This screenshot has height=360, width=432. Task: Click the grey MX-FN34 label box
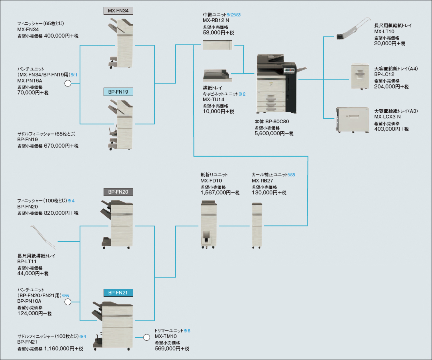tap(118, 10)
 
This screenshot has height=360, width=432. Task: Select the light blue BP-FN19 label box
tap(118, 92)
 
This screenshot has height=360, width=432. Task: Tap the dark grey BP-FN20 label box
tap(118, 192)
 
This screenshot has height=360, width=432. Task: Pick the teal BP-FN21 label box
tap(118, 293)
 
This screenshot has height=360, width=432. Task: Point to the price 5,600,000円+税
tap(274, 134)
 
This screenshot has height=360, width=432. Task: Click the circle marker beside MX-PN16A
tap(68, 83)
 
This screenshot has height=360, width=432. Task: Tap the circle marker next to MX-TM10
tap(146, 337)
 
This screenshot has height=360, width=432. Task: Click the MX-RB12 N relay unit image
tap(218, 45)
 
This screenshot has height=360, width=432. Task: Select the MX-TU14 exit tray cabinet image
tap(217, 75)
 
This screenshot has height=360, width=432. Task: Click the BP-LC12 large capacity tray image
tap(360, 76)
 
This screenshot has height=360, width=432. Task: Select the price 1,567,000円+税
tap(220, 193)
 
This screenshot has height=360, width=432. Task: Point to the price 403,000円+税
tap(392, 129)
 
